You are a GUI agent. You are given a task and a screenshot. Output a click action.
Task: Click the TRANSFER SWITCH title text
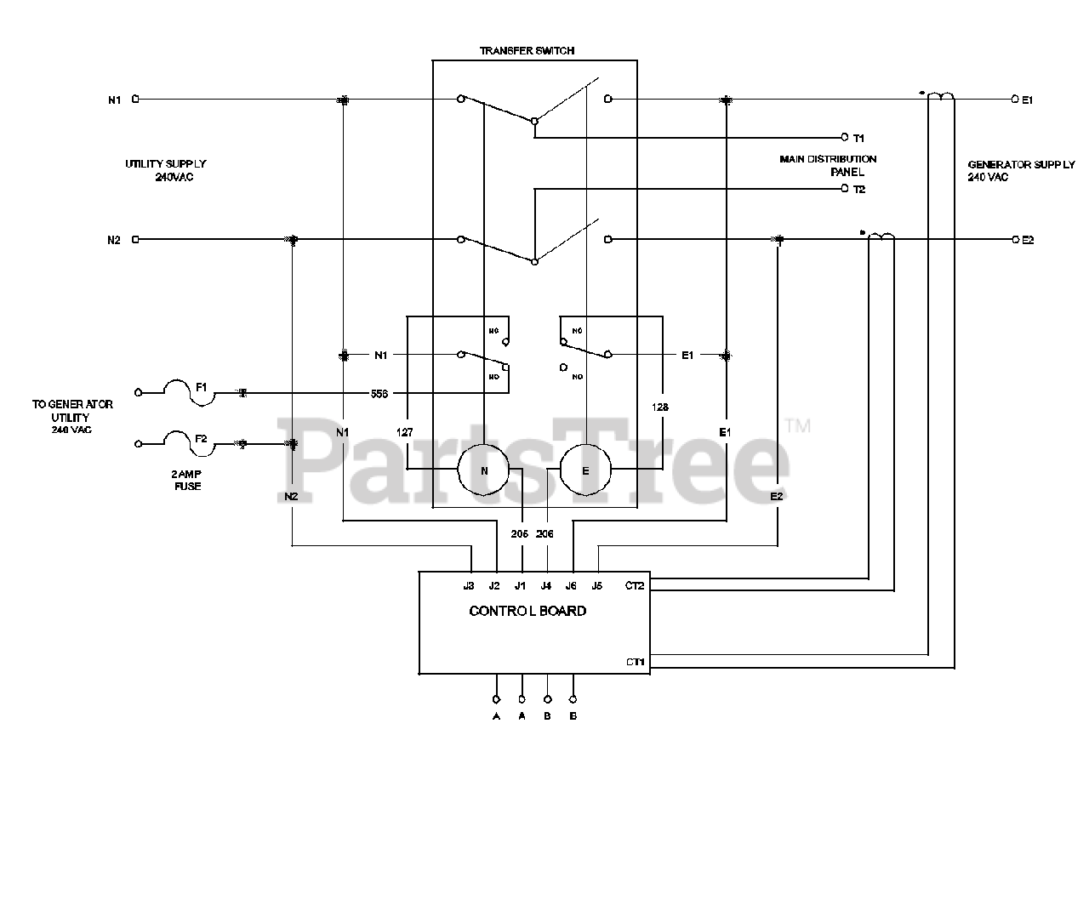point(527,51)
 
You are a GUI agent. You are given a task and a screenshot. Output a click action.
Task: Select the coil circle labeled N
point(484,470)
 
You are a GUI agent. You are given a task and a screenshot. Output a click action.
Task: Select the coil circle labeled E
point(585,470)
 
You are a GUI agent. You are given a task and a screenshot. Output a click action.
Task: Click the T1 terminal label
point(858,138)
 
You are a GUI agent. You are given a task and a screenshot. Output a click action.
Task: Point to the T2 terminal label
point(858,189)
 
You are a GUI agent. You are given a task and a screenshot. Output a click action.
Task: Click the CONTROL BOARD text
point(527,611)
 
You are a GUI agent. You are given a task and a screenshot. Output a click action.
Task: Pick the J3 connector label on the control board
point(469,585)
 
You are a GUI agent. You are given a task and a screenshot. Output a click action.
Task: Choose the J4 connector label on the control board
point(546,585)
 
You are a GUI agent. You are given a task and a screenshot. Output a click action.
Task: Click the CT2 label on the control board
point(635,585)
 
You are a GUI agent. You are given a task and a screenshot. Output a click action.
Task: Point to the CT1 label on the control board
point(635,662)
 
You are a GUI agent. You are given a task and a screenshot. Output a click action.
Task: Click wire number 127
point(405,432)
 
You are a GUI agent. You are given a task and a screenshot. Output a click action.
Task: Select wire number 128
point(660,407)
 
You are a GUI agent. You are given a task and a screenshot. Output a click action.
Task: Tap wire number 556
point(379,394)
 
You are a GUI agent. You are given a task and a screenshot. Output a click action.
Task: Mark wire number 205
point(520,533)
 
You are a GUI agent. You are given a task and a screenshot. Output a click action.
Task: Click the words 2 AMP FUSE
point(188,480)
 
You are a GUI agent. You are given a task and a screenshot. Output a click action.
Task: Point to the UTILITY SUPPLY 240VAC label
point(166,170)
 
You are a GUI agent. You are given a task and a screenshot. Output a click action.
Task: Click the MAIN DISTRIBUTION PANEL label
point(828,165)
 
